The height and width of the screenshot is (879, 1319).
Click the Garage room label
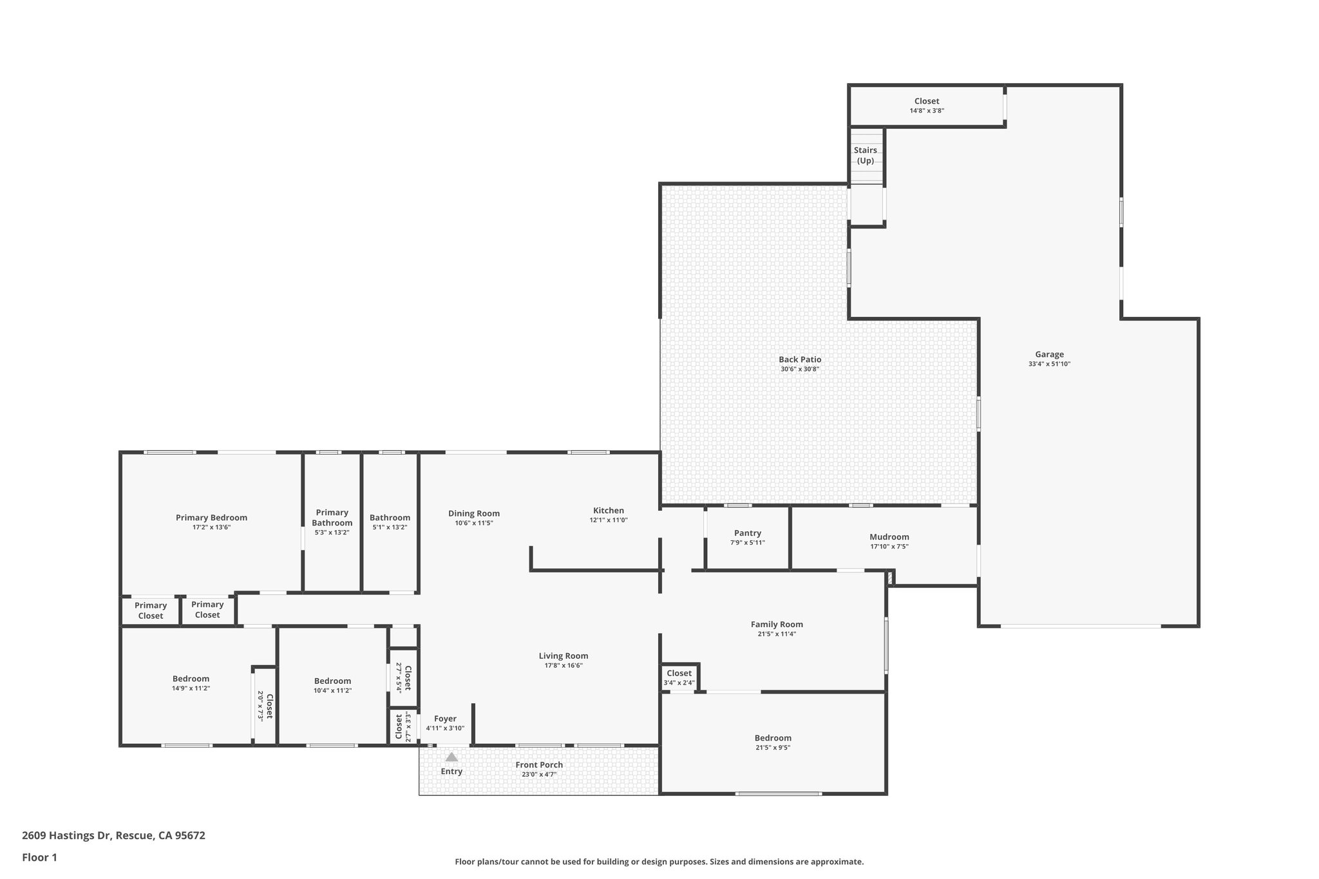pyautogui.click(x=1049, y=354)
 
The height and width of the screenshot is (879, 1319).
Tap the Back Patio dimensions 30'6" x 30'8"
pyautogui.click(x=800, y=370)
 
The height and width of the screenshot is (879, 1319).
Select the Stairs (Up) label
pyautogui.click(x=865, y=155)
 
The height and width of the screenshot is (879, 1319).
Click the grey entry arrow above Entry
pyautogui.click(x=451, y=757)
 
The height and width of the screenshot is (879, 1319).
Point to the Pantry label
pyautogui.click(x=747, y=533)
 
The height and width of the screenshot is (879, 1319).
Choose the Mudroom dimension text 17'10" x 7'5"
pyautogui.click(x=889, y=547)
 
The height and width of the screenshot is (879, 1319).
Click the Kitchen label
pyautogui.click(x=608, y=511)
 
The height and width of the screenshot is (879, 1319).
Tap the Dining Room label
pyautogui.click(x=474, y=513)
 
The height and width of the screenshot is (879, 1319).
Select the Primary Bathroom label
pyautogui.click(x=332, y=518)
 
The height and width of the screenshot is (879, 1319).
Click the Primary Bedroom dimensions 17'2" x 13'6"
pyautogui.click(x=211, y=527)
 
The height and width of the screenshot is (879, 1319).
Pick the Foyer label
pyautogui.click(x=445, y=719)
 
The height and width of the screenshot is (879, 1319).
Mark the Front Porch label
pyautogui.click(x=539, y=765)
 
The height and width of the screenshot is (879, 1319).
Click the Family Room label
pyautogui.click(x=777, y=624)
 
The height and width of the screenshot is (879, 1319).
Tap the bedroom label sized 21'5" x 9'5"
pyautogui.click(x=773, y=738)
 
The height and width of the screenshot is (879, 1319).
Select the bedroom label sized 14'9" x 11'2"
pyautogui.click(x=191, y=679)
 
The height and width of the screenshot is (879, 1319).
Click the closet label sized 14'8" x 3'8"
pyautogui.click(x=927, y=101)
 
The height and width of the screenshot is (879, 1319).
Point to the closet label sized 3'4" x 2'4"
pyautogui.click(x=679, y=674)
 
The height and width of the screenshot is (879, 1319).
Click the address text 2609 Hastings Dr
pyautogui.click(x=67, y=836)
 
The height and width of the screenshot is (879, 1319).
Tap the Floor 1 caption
pyautogui.click(x=39, y=857)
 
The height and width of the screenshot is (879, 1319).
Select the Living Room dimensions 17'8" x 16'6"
pyautogui.click(x=564, y=666)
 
